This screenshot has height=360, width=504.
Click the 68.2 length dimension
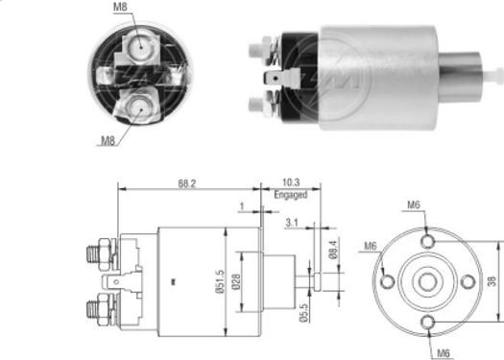(188, 183)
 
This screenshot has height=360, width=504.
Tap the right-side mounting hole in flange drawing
(468, 282)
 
